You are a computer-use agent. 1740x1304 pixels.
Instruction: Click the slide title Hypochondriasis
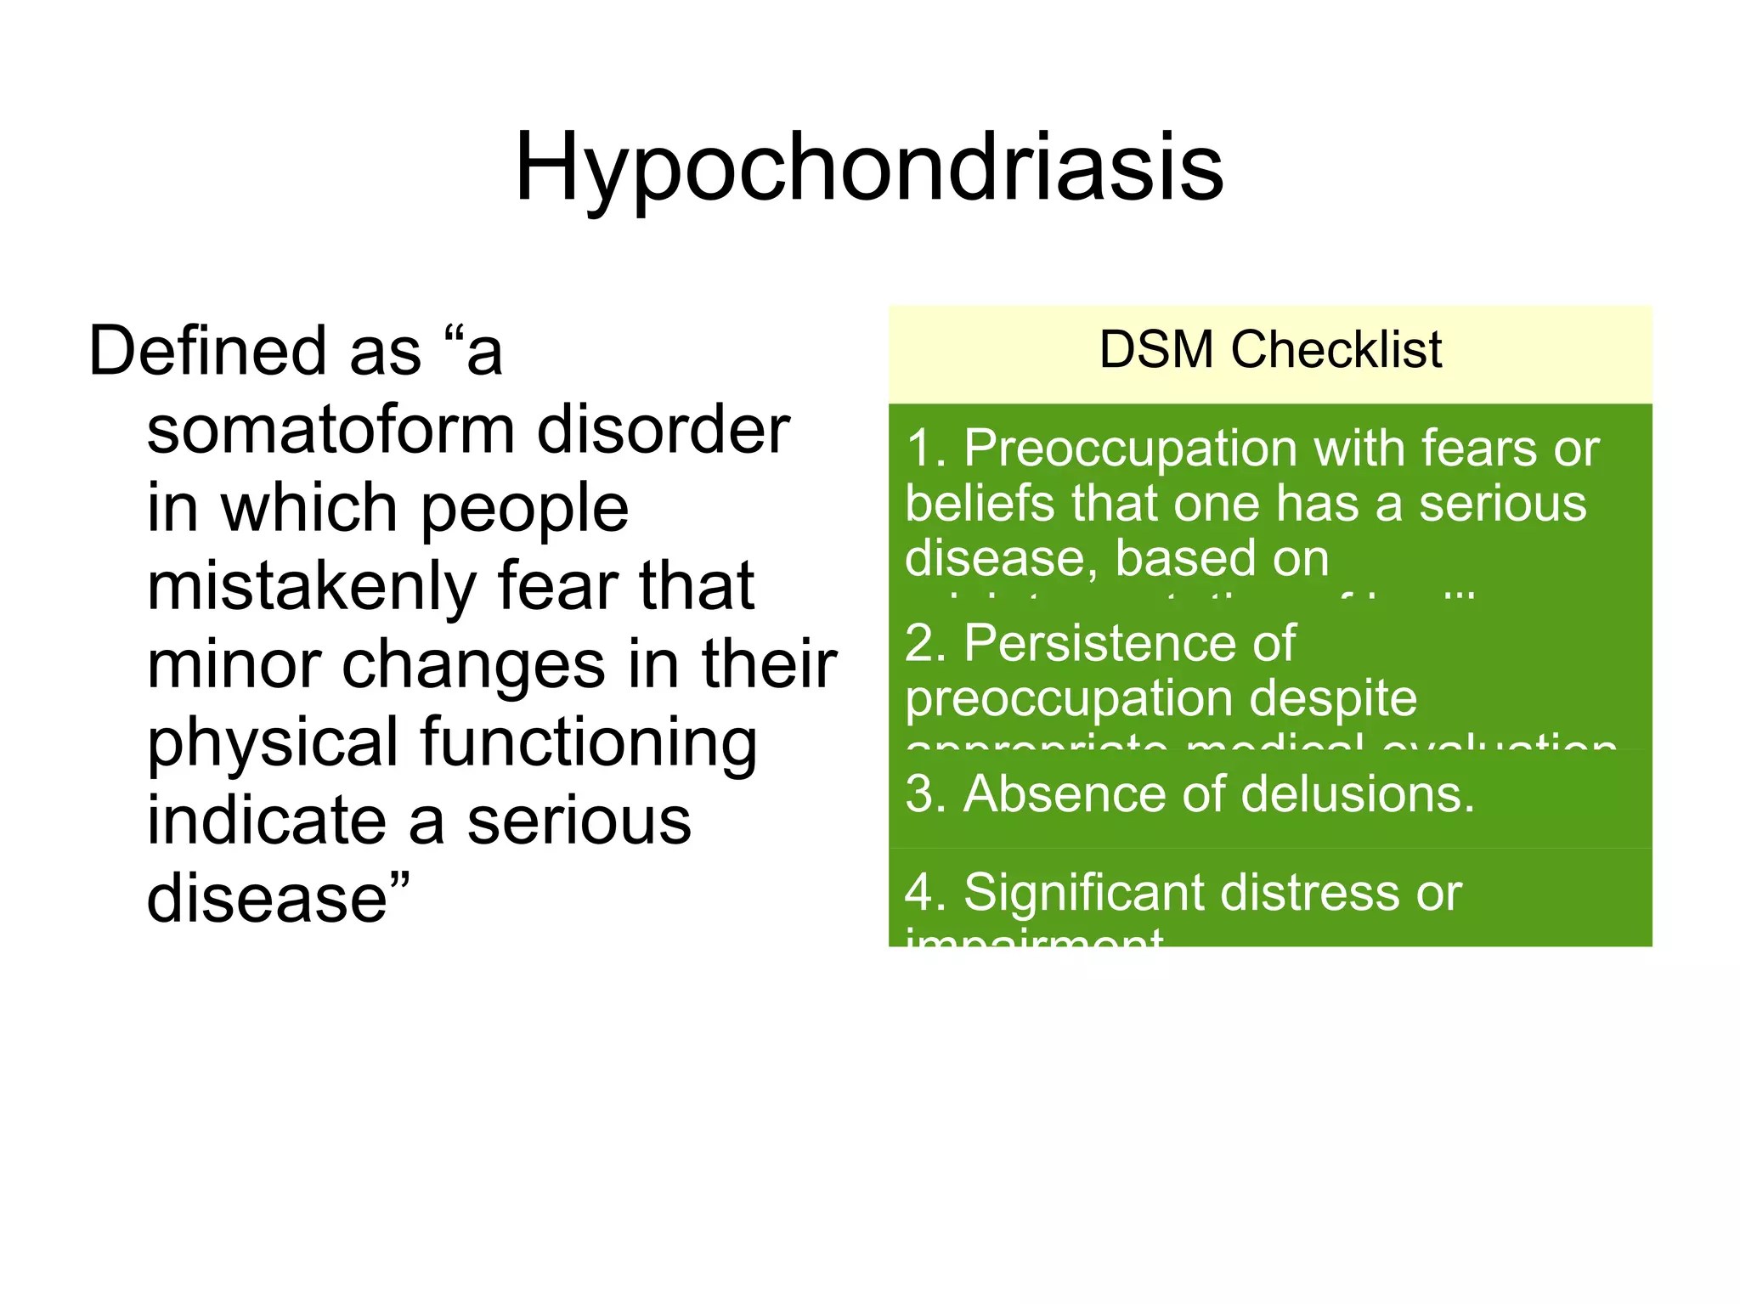[x=868, y=167]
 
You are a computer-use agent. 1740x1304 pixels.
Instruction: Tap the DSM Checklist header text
[x=1270, y=349]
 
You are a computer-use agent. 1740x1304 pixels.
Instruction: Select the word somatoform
[x=330, y=429]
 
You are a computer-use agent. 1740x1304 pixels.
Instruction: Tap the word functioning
[x=588, y=742]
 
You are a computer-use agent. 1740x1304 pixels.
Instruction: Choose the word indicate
[x=265, y=821]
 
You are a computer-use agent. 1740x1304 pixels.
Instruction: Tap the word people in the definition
[x=524, y=509]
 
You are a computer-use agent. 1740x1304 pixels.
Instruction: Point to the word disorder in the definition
[x=663, y=429]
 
